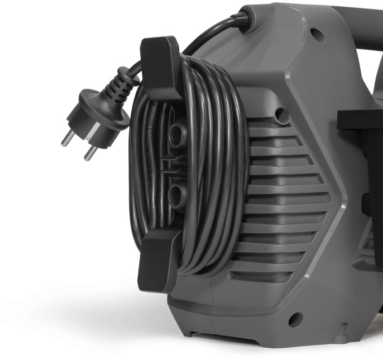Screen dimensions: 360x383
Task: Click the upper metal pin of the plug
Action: click(69, 136)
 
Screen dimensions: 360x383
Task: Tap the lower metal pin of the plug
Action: click(89, 153)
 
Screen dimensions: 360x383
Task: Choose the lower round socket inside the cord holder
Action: click(177, 195)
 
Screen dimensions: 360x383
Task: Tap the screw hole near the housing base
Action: click(295, 319)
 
